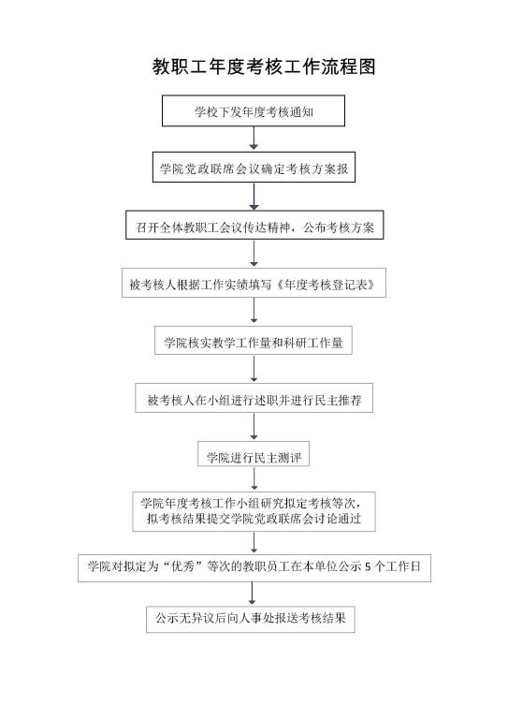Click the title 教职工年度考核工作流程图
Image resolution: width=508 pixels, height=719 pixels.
pyautogui.click(x=264, y=67)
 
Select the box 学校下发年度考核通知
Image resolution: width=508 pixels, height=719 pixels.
pyautogui.click(x=254, y=111)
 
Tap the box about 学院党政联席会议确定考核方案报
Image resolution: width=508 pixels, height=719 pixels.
pyautogui.click(x=254, y=168)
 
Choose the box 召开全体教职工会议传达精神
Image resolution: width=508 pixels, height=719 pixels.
pyautogui.click(x=254, y=225)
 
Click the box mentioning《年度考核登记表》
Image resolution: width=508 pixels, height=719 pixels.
pyautogui.click(x=254, y=283)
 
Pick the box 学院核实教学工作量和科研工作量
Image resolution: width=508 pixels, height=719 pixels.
pyautogui.click(x=254, y=340)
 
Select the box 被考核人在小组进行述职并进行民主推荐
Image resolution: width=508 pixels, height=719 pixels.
pyautogui.click(x=254, y=398)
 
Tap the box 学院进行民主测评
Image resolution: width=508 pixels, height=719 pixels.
pyautogui.click(x=254, y=454)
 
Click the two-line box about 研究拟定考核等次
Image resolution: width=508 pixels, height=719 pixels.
pyautogui.click(x=254, y=512)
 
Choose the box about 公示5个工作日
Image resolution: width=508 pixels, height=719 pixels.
pyautogui.click(x=254, y=568)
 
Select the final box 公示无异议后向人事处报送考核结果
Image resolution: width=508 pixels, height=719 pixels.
pyautogui.click(x=251, y=619)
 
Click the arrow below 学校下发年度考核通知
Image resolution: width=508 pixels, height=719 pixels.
pyautogui.click(x=254, y=138)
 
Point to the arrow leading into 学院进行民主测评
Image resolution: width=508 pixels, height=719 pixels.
pyautogui.click(x=254, y=427)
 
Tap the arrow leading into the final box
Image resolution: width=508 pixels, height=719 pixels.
pyautogui.click(x=252, y=594)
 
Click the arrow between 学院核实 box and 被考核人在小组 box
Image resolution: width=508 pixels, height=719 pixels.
pyautogui.click(x=254, y=368)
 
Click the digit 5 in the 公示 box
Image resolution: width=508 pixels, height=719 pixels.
pyautogui.click(x=368, y=566)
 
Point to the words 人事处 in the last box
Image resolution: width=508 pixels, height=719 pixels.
pyautogui.click(x=256, y=618)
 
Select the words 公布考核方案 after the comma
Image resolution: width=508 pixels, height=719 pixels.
pyautogui.click(x=339, y=227)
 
